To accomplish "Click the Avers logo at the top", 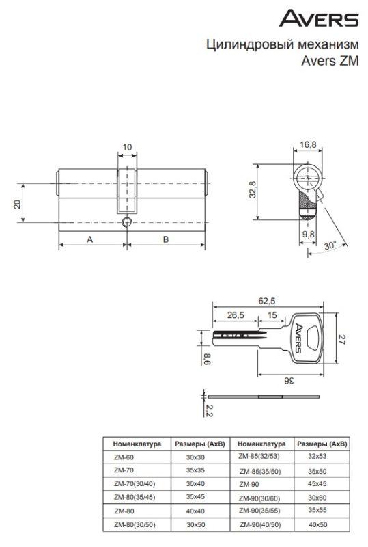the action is coord(319,18).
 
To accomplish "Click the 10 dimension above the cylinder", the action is coord(127,147).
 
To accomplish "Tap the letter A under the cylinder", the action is coord(90,239).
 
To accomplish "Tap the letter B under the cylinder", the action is coord(166,239).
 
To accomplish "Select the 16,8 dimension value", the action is coord(308,144).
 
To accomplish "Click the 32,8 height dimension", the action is coord(253,190).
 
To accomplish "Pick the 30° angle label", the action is coord(330,245).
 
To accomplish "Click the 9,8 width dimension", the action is coord(308,234).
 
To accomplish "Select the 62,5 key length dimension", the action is coord(266,301).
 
